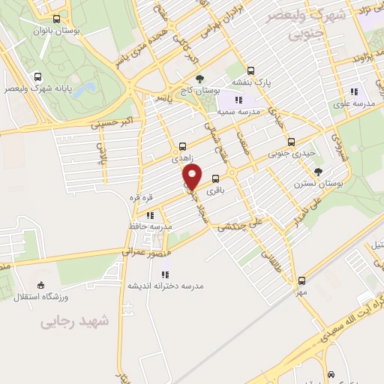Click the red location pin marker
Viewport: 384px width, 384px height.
[193, 178]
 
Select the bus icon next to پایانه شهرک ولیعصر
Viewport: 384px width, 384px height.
[38, 76]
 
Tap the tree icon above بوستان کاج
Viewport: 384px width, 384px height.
[199, 78]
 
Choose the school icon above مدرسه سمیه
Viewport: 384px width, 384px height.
[238, 99]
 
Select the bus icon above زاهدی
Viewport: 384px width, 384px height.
[183, 146]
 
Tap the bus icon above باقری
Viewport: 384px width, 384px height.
[217, 178]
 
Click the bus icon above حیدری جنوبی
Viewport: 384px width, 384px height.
[292, 142]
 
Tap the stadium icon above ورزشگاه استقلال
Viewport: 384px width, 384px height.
[40, 284]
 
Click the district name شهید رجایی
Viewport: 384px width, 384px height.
[76, 321]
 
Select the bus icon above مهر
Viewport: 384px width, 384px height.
[301, 280]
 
